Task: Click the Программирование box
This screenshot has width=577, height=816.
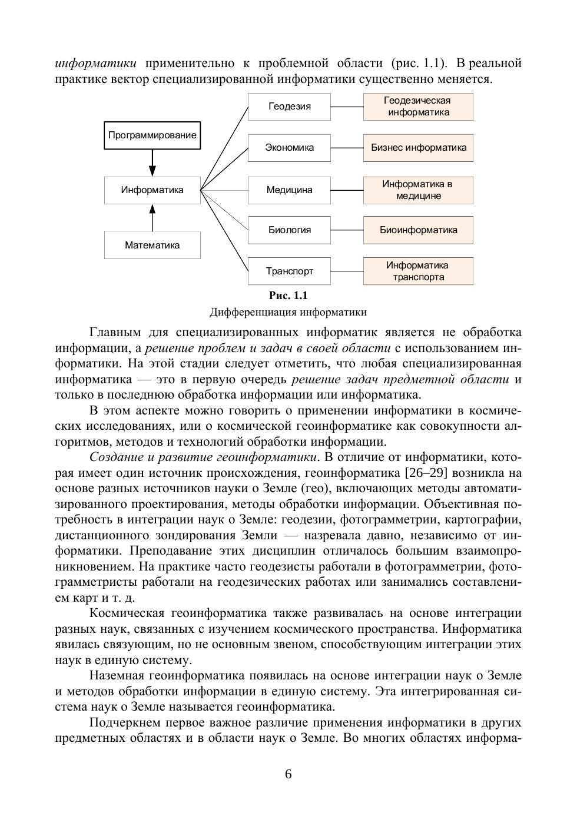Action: [152, 135]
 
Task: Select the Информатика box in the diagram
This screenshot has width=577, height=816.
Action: [152, 190]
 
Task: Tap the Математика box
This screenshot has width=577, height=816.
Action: [152, 245]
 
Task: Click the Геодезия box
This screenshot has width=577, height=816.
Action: [289, 107]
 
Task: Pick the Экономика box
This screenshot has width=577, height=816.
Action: [289, 148]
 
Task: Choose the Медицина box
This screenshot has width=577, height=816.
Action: [289, 190]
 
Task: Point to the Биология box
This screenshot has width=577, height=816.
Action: [289, 230]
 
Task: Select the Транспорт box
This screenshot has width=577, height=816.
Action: [289, 271]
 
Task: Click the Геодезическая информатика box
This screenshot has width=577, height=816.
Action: [418, 107]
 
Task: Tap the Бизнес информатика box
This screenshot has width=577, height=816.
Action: [418, 148]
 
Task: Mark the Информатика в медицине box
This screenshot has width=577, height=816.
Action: [418, 190]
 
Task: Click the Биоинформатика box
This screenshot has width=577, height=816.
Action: [418, 230]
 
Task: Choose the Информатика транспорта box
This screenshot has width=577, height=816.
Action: [418, 271]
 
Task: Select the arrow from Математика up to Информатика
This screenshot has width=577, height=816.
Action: [152, 218]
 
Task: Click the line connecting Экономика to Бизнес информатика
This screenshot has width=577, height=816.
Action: [347, 148]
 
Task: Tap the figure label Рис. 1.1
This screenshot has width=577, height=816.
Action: [288, 296]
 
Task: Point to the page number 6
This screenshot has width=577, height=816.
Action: [288, 774]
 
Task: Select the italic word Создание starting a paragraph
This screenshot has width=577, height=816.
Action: [115, 457]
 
